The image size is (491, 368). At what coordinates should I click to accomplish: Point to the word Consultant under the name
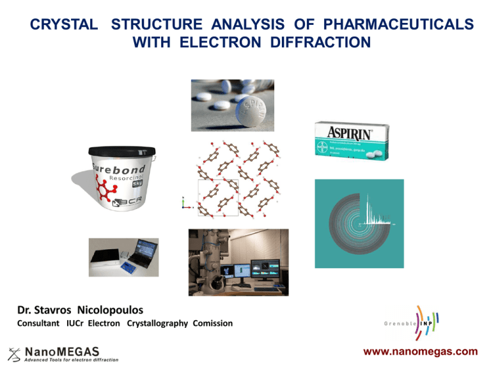(x=40, y=324)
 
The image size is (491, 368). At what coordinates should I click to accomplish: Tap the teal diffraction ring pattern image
(x=359, y=224)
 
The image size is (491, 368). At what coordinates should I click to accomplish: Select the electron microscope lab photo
(x=238, y=262)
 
